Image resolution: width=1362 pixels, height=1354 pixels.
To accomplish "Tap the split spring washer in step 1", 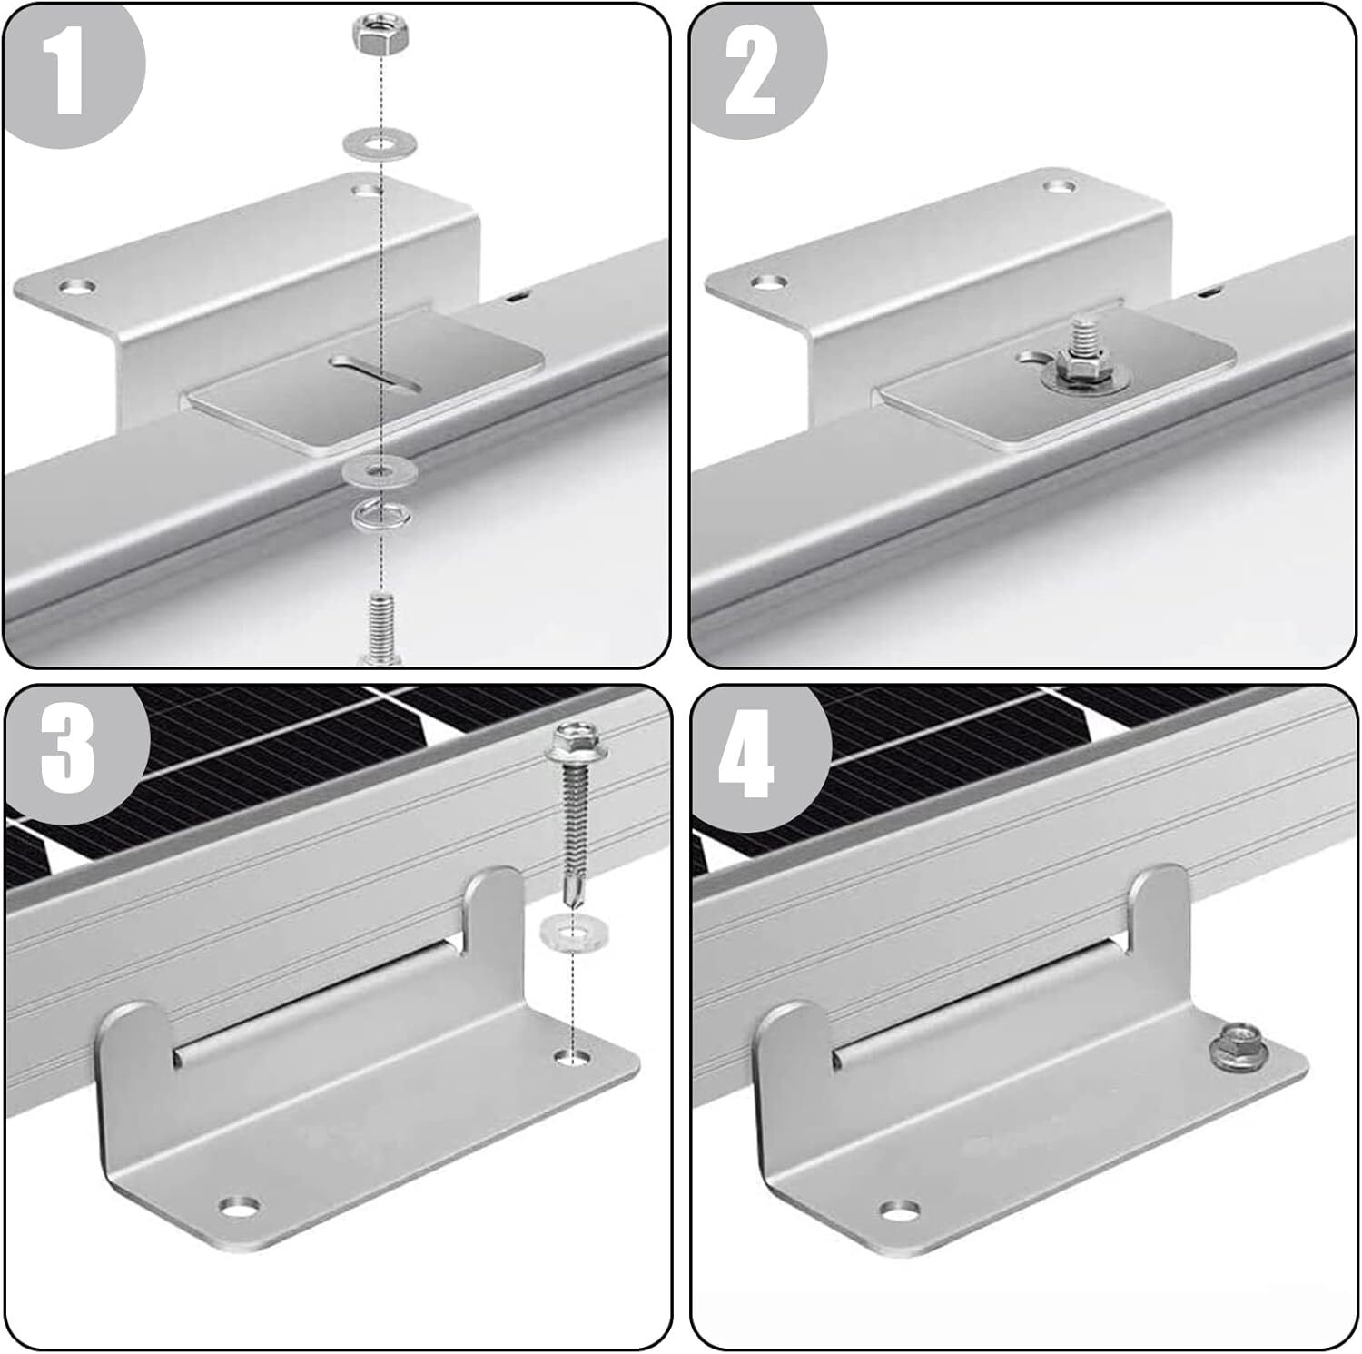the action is click(x=380, y=516).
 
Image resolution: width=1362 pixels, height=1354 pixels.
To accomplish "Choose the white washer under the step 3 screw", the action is click(x=568, y=934).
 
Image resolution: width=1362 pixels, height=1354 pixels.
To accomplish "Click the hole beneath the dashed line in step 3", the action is click(x=569, y=1058).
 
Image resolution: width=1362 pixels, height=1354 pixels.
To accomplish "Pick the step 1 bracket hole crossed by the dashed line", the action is click(x=367, y=192).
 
